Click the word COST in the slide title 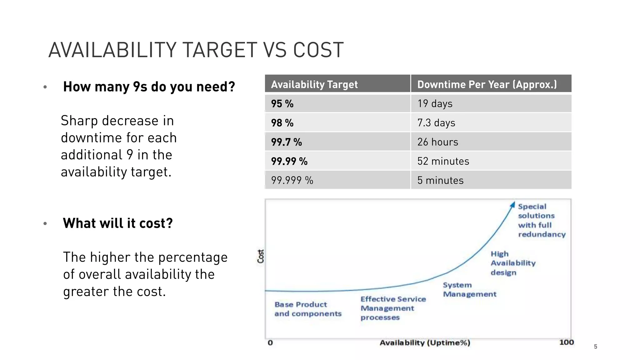318,50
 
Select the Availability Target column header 314,84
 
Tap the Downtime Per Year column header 487,84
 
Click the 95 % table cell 282,104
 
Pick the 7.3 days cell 436,123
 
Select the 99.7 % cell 286,142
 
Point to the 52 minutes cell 443,161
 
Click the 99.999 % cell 292,180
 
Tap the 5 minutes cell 440,180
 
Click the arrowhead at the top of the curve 512,204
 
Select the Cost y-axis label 261,256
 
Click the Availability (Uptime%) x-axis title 425,343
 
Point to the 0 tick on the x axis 270,343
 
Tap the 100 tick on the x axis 566,342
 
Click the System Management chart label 469,289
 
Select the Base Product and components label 307,309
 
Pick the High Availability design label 512,263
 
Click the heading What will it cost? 118,223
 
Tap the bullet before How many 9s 45,87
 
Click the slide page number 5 595,347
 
